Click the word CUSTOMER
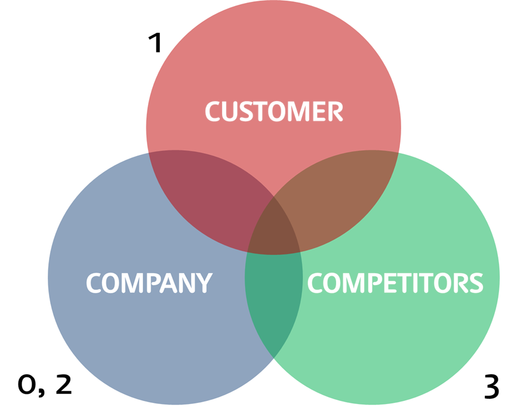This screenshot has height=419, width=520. tap(274, 112)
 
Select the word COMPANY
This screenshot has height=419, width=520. tap(149, 283)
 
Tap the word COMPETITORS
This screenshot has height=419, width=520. tap(395, 283)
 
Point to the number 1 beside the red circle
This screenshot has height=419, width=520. tap(155, 43)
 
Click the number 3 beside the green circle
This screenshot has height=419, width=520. tap(491, 387)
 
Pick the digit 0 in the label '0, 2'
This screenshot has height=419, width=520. tap(27, 386)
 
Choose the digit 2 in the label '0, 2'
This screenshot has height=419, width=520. tap(63, 384)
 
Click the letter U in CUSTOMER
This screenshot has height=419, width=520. tap(232, 112)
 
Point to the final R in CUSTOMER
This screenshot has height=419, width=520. tap(336, 112)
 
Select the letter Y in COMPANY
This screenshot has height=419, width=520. tap(204, 283)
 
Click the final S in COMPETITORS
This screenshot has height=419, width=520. tap(475, 283)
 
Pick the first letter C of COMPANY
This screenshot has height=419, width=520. tap(94, 283)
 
